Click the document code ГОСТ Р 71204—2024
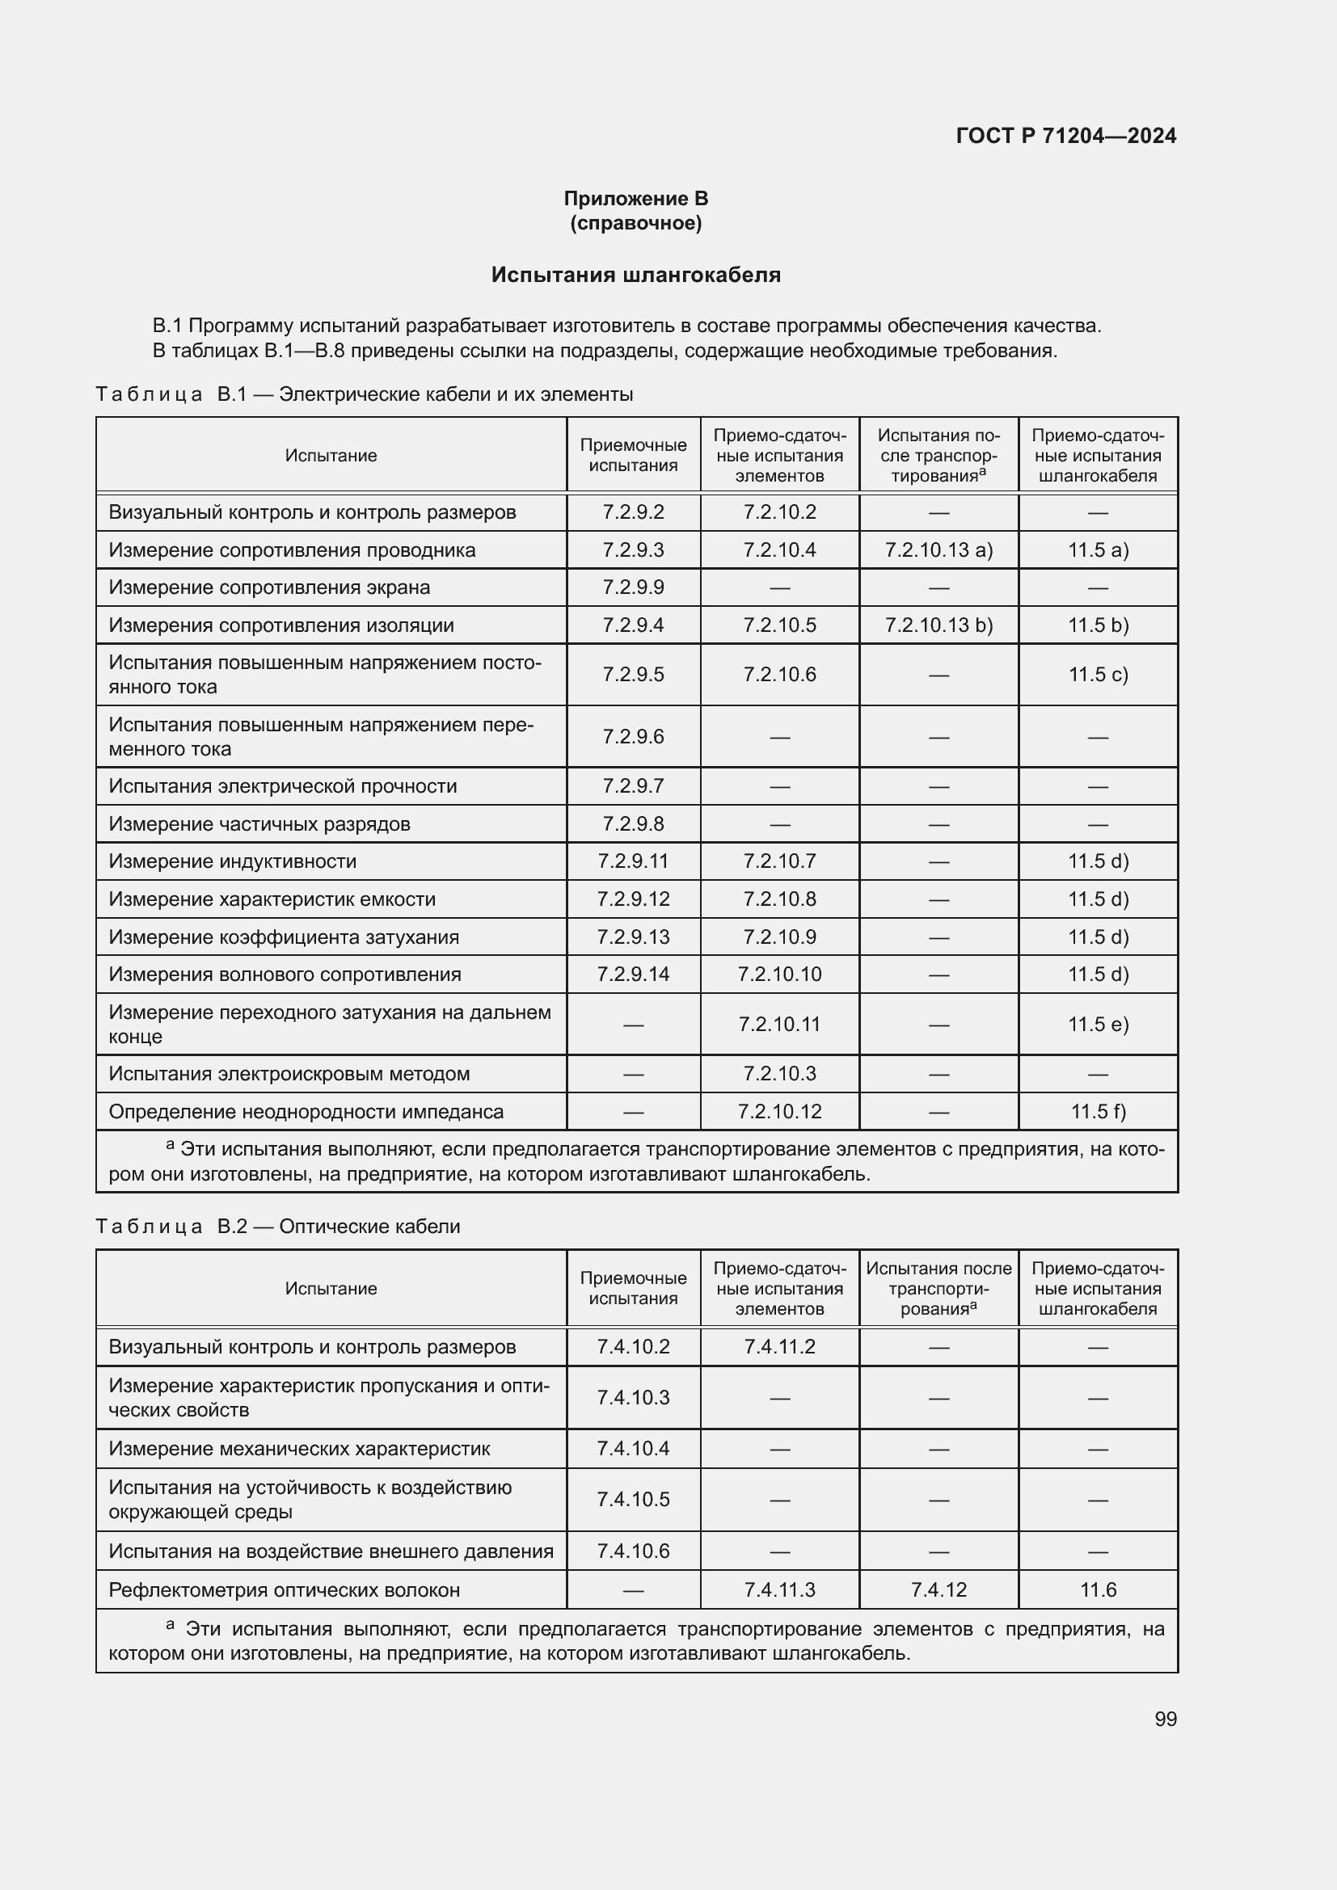(1065, 136)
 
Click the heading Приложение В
(635, 199)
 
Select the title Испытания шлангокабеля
(635, 275)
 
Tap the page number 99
(1165, 1719)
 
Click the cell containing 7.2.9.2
(633, 512)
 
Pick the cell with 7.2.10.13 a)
(938, 550)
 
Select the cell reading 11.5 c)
(1098, 674)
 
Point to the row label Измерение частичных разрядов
(259, 824)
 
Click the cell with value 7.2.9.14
(633, 974)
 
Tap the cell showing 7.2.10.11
(778, 1024)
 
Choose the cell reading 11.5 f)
(1098, 1111)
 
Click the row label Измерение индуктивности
(233, 861)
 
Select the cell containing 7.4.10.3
(633, 1397)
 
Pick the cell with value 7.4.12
(938, 1589)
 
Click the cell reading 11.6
(1098, 1589)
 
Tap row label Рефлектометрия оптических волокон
(284, 1589)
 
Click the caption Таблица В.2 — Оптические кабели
(277, 1226)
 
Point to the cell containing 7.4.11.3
(778, 1589)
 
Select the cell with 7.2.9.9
(633, 587)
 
